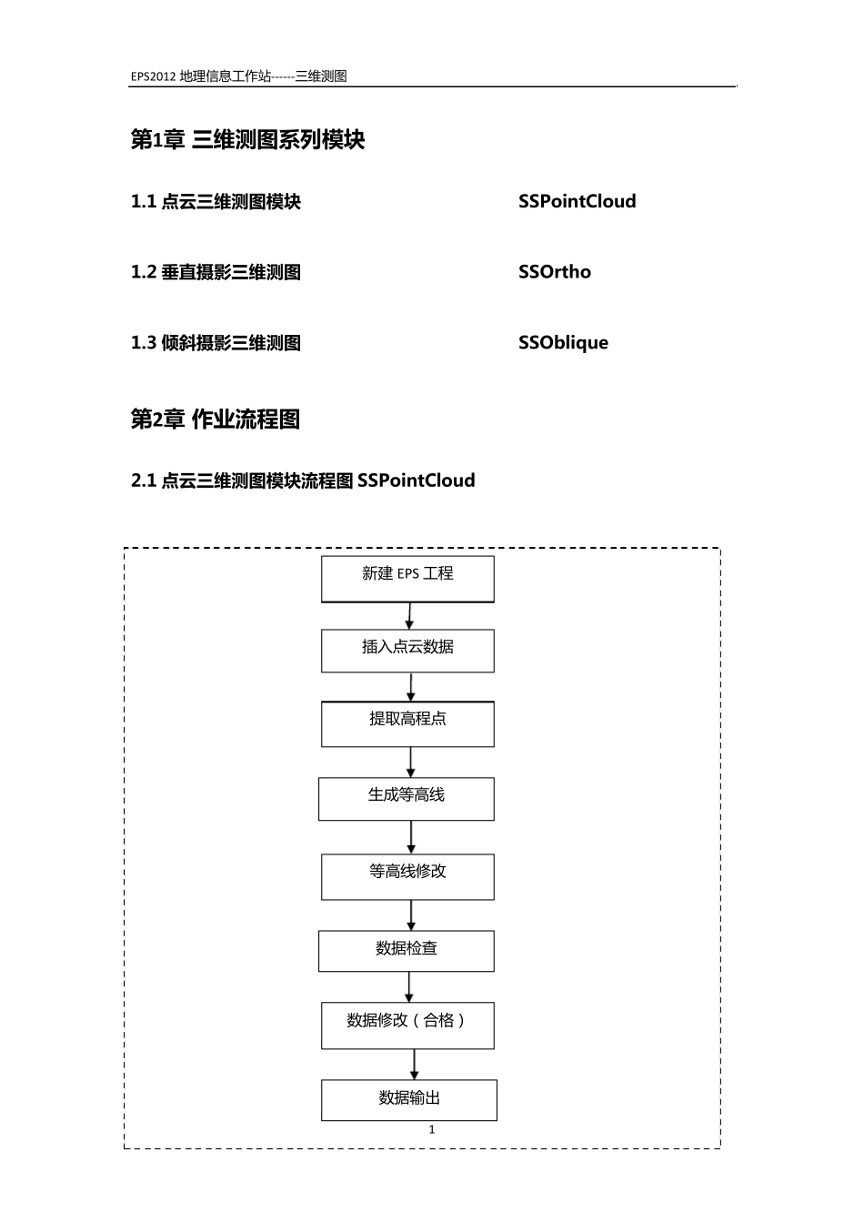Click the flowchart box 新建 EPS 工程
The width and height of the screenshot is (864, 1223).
click(x=407, y=579)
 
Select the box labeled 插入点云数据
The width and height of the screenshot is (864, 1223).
click(x=407, y=651)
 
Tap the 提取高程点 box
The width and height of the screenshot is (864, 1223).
click(x=407, y=723)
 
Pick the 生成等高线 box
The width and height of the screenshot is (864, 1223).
click(x=406, y=799)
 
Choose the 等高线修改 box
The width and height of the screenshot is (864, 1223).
click(x=407, y=876)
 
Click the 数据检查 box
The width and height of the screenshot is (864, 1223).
click(x=406, y=951)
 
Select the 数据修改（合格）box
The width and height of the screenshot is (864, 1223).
click(x=407, y=1026)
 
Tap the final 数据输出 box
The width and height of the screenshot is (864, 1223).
click(x=408, y=1099)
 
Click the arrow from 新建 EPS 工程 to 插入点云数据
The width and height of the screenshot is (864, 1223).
click(x=409, y=616)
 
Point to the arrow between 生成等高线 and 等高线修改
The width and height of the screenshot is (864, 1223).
click(x=411, y=837)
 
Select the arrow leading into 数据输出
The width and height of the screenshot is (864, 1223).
click(x=415, y=1065)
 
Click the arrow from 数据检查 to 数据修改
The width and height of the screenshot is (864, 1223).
click(x=409, y=987)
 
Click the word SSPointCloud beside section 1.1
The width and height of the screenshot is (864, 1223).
click(x=577, y=201)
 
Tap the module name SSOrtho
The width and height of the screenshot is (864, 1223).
click(x=554, y=272)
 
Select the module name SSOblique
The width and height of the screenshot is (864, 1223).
click(x=563, y=343)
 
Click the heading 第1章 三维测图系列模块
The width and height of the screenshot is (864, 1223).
click(x=247, y=139)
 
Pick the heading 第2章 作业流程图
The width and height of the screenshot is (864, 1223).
click(x=216, y=419)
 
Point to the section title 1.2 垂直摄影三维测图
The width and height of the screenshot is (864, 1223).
click(x=216, y=272)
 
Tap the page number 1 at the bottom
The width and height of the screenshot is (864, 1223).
click(x=432, y=1129)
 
